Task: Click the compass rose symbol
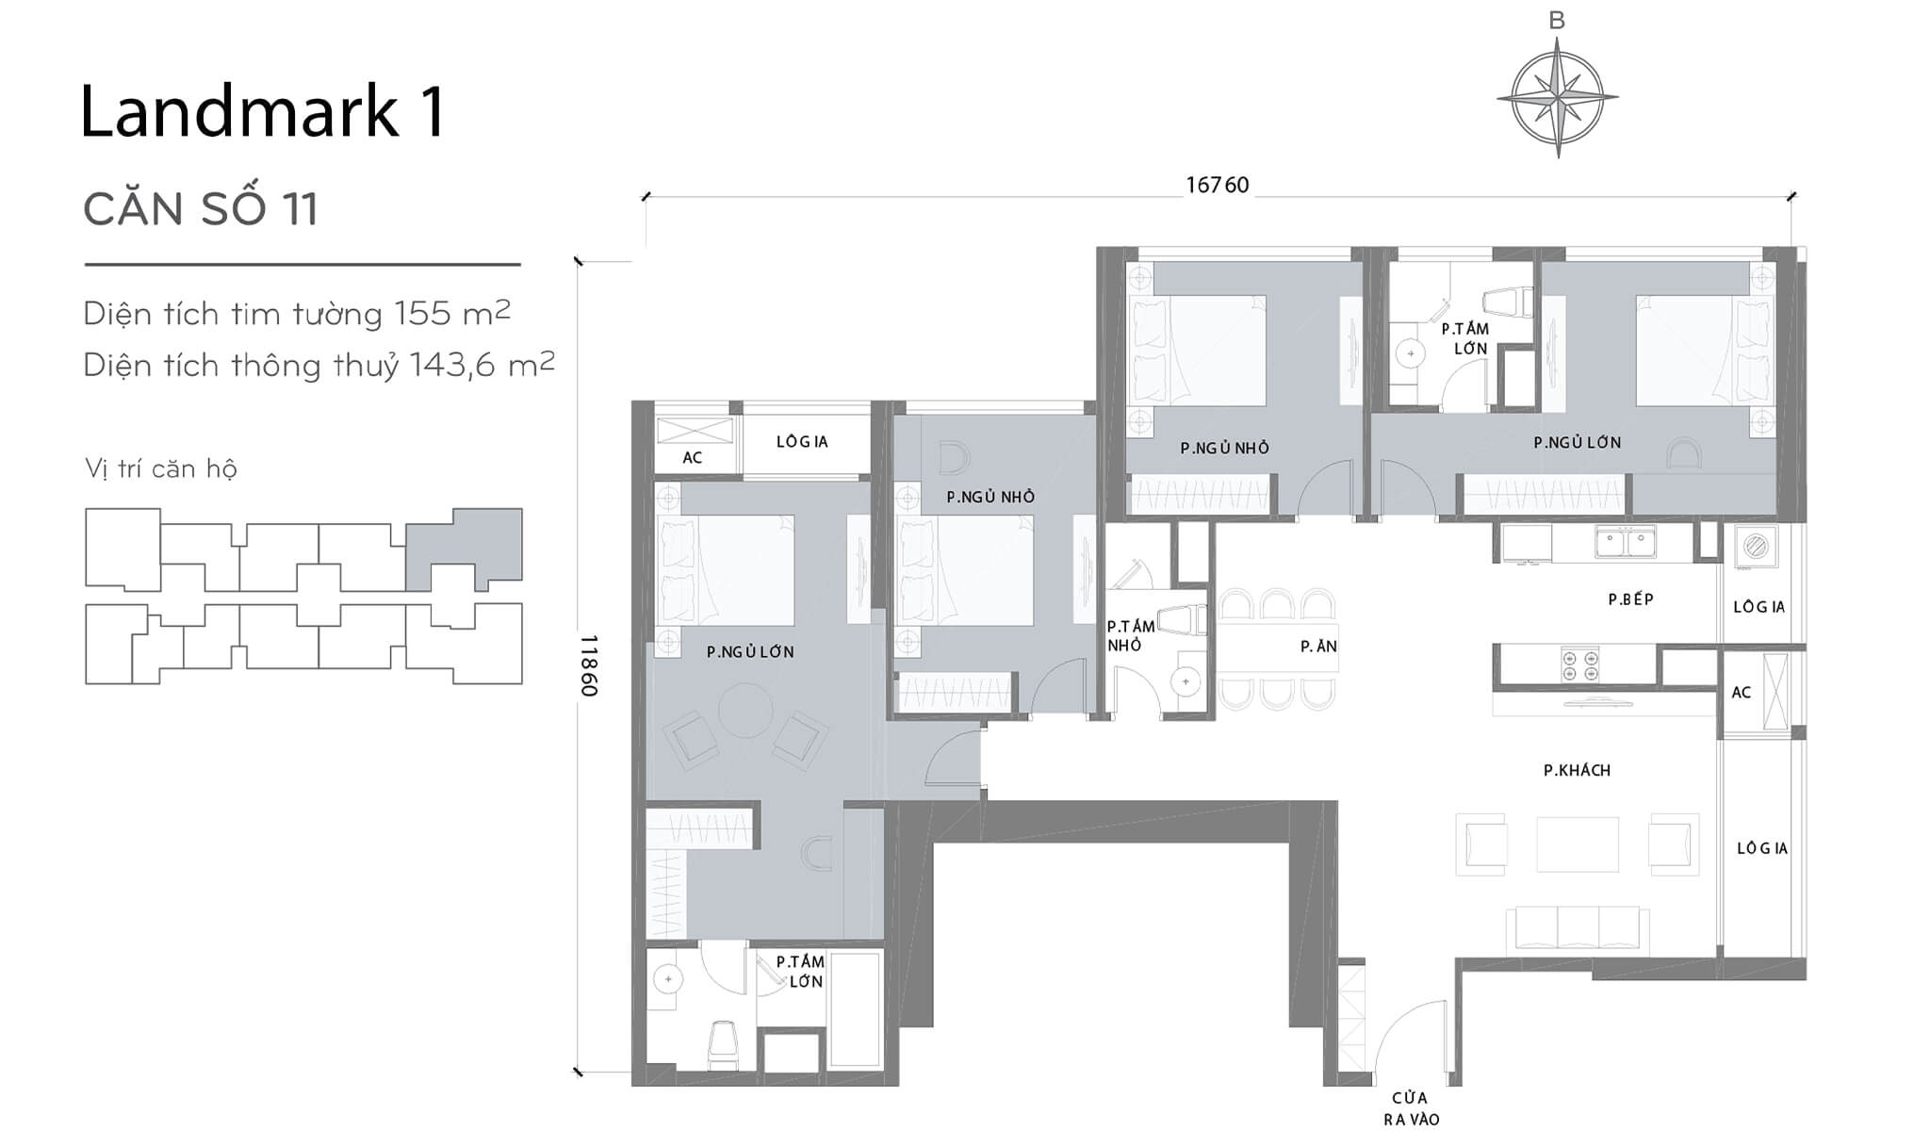pos(1557,96)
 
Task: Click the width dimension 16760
pos(1217,185)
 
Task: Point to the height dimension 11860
pos(589,665)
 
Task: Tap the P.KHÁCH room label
pos(1577,770)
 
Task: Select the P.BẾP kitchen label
pos(1630,599)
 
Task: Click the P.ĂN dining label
pos(1318,647)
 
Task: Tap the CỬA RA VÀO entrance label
pos(1411,1108)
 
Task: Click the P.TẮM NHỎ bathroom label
pos(1130,635)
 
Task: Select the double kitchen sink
pos(1626,543)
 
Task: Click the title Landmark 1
pos(262,112)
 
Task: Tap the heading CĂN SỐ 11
pos(201,208)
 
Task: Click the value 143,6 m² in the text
pos(481,365)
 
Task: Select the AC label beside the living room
pos(1741,693)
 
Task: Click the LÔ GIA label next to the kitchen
pos(1758,607)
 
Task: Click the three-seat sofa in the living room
pos(1578,928)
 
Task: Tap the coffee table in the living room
pos(1577,844)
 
